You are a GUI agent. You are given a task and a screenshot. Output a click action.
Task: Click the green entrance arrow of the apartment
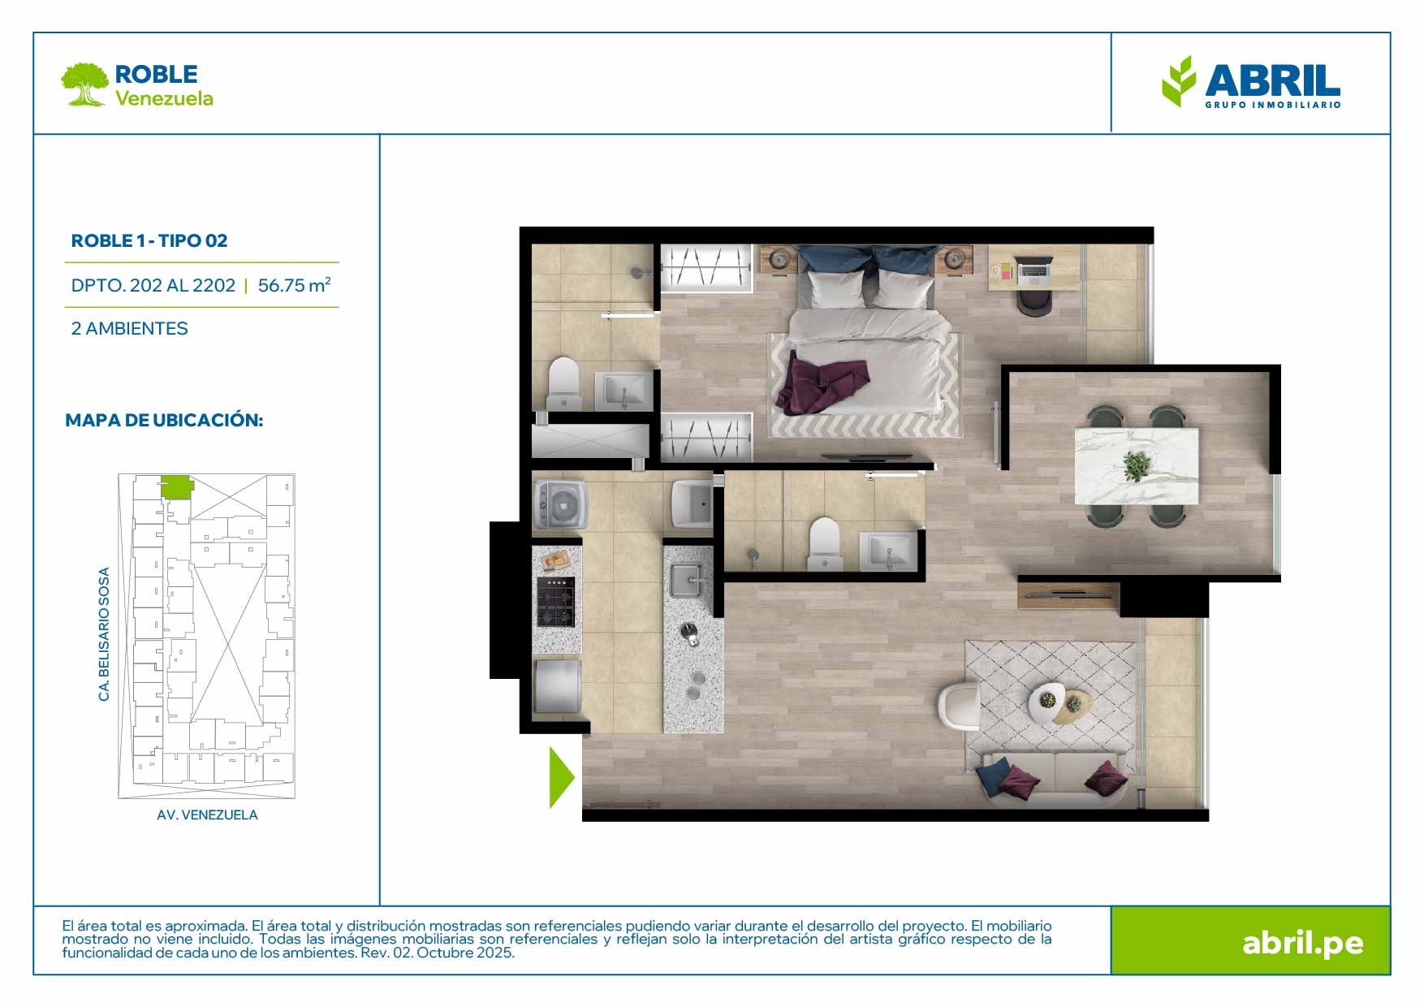(560, 777)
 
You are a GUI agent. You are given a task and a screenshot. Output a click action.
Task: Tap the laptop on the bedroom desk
(1033, 271)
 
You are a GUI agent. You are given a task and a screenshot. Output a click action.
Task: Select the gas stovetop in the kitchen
(556, 602)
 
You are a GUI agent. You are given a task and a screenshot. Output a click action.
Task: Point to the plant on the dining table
(1136, 465)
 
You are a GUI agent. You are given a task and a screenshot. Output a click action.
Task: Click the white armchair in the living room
(959, 704)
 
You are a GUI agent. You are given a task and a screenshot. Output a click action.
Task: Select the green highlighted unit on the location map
(176, 486)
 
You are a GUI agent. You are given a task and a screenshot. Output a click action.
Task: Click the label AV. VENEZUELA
(207, 815)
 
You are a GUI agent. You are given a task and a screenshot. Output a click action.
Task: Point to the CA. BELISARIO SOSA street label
(103, 634)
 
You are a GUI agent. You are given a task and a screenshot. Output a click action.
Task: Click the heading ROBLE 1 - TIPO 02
(149, 240)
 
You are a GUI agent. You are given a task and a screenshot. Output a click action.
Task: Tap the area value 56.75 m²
(294, 284)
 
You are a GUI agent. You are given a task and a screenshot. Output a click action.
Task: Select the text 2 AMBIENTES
(130, 328)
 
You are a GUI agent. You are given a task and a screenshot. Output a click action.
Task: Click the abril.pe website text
(1302, 943)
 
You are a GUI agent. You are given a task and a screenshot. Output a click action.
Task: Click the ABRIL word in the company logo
(1272, 80)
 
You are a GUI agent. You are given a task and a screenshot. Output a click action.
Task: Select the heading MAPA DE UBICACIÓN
(164, 420)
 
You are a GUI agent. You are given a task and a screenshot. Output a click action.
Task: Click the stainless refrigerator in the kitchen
(557, 686)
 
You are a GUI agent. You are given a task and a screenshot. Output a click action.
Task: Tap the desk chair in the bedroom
(1034, 303)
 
